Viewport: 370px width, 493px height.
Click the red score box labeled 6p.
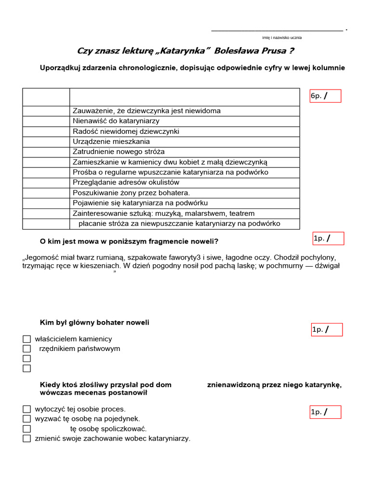point(325,96)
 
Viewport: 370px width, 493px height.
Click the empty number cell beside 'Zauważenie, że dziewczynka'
point(46,111)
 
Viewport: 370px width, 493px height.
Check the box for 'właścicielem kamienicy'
point(26,339)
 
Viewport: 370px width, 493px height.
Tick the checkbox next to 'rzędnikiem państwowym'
point(26,349)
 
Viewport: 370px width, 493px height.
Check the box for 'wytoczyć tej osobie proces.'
point(26,409)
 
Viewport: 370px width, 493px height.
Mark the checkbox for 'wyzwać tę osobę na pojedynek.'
point(26,419)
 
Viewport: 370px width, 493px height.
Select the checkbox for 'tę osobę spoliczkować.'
point(26,428)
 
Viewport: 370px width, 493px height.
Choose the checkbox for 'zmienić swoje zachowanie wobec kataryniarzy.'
point(26,439)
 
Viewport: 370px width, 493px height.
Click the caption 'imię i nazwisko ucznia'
point(282,38)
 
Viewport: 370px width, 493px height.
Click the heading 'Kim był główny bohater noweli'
point(94,323)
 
